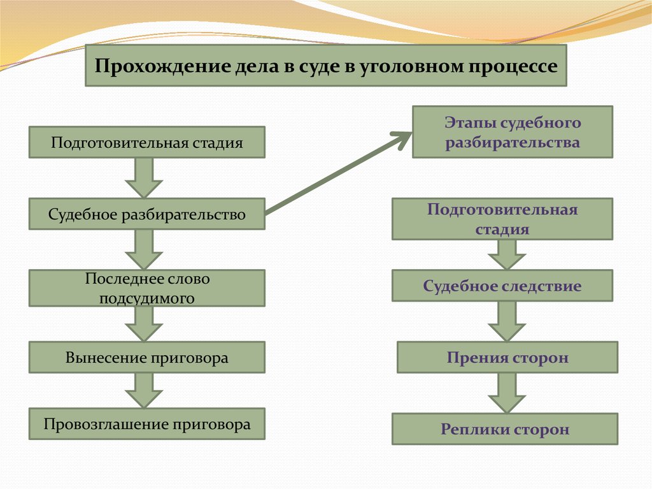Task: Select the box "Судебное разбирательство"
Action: [x=147, y=214]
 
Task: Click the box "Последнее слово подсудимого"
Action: [x=147, y=288]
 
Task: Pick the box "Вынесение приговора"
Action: [x=147, y=358]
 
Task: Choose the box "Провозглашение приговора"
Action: [x=147, y=424]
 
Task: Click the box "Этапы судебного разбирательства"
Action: [x=513, y=132]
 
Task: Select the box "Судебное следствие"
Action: [x=502, y=286]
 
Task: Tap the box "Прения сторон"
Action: [x=507, y=358]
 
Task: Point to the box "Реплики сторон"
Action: [x=505, y=429]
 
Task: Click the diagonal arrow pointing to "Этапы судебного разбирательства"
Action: [x=337, y=173]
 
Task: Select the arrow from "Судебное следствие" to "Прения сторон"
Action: [x=507, y=321]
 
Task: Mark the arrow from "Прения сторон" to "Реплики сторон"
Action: [x=507, y=393]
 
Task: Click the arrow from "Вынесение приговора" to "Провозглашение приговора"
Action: [x=144, y=390]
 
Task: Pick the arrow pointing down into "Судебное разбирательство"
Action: [x=144, y=178]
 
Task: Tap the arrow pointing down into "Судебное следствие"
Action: [x=507, y=254]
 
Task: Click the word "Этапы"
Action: [x=471, y=123]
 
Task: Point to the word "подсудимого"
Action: [x=147, y=298]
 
